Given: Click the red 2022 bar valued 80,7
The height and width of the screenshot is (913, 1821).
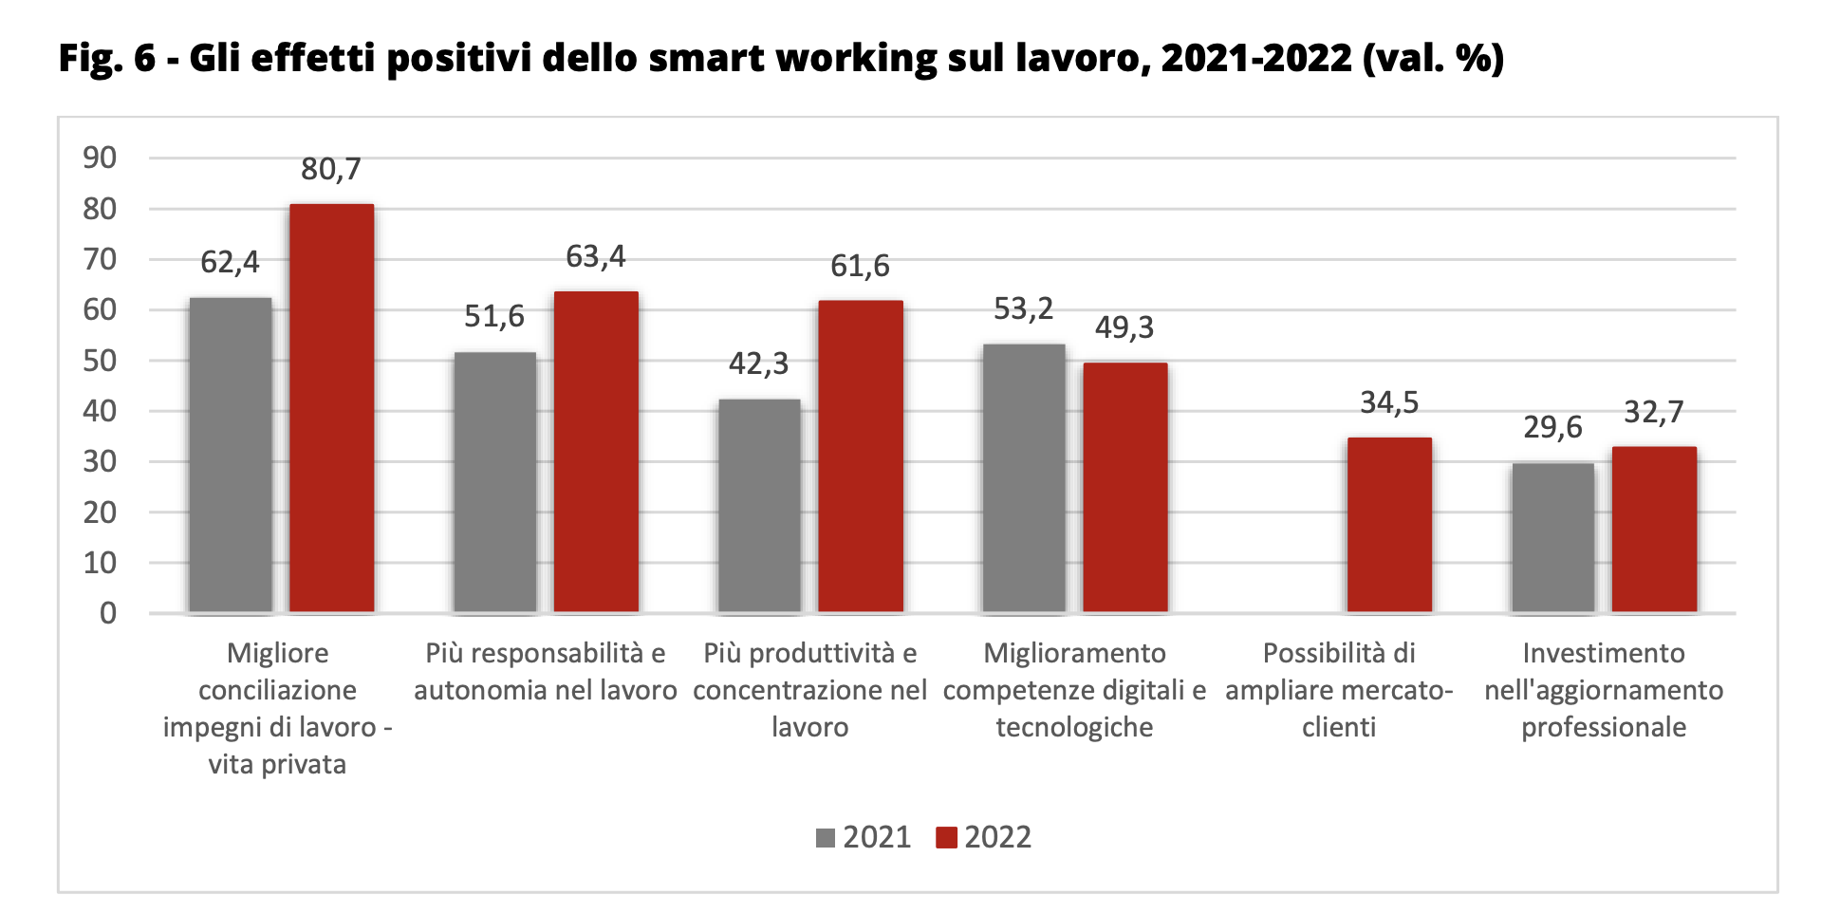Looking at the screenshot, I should (331, 408).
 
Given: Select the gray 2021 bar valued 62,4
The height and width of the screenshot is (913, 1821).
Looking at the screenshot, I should (231, 456).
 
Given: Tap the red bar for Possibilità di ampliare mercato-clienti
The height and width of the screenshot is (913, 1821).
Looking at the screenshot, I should (1389, 525).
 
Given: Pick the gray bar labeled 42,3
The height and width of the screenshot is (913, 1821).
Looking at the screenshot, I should (759, 506).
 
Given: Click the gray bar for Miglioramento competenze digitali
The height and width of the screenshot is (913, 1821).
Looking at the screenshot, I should (1024, 478).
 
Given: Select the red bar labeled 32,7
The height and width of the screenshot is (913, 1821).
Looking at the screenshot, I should (1654, 530).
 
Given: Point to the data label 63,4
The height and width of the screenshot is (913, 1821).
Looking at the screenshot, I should (595, 256).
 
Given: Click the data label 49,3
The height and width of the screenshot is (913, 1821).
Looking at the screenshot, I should (1124, 327).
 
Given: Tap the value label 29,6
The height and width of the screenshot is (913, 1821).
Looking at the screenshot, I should (1552, 427).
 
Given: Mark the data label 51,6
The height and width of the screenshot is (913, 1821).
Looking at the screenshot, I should (493, 316).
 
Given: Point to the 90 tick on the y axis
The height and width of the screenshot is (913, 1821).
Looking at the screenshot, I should (100, 158).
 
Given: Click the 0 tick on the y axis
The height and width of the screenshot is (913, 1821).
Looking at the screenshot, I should (108, 613).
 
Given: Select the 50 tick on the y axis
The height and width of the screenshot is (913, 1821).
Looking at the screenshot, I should (100, 361).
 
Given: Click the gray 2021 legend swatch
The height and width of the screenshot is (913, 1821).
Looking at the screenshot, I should (826, 838).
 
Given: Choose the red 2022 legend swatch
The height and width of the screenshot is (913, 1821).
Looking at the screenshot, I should (946, 838).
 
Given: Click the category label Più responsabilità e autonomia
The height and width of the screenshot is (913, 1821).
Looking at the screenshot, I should (545, 671).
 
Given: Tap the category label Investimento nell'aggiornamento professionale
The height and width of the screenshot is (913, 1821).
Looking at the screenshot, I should (1604, 690).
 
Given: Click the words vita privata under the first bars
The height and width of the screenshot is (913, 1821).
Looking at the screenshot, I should (277, 764).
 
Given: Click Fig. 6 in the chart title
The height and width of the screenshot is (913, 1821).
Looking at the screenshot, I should (106, 58).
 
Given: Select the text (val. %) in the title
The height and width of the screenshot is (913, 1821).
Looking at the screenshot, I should (1433, 58).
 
